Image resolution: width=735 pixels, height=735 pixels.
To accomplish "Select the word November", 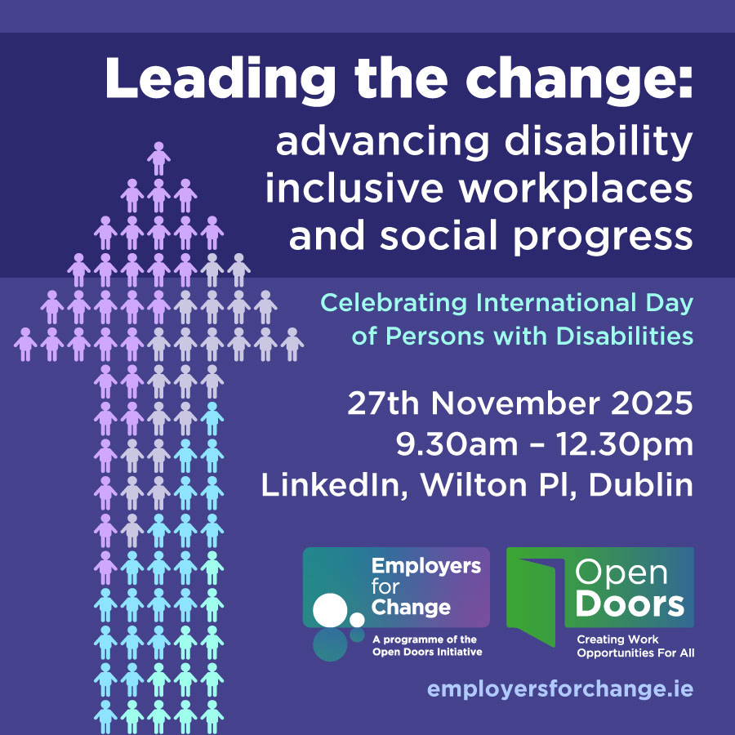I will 499,404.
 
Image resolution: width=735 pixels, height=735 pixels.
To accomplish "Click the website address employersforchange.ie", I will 559,689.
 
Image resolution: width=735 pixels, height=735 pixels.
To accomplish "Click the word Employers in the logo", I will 425,567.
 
